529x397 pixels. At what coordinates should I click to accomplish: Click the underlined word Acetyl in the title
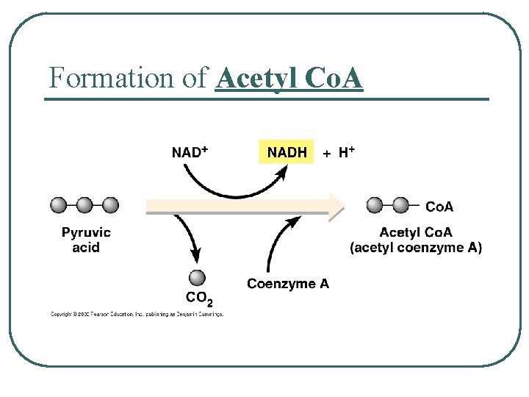coord(254,77)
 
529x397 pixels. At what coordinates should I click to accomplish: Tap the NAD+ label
coord(190,152)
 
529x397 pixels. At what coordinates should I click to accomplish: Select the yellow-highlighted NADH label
coord(287,152)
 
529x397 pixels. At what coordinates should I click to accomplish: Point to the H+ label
coord(347,152)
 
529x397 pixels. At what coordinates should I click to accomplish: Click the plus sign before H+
coord(327,154)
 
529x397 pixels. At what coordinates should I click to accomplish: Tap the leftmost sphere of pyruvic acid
coord(60,205)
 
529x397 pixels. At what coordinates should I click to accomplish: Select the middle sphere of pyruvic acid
coord(85,205)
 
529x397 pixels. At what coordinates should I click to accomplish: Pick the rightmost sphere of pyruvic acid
coord(110,205)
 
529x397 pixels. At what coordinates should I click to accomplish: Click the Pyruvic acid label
coord(86,240)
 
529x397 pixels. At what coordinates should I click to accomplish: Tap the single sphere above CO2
coord(197,277)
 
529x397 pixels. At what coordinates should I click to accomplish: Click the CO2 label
coord(199,298)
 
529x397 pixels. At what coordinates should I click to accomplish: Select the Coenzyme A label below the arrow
coord(288,284)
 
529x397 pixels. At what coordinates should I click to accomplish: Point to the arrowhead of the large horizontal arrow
coord(337,206)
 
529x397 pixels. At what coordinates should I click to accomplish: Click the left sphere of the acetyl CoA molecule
coord(375,205)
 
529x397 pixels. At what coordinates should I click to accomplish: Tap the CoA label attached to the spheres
coord(439,205)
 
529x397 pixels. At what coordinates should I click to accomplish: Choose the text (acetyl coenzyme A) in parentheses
coord(416,248)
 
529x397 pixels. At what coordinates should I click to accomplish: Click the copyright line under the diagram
coord(136,315)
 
